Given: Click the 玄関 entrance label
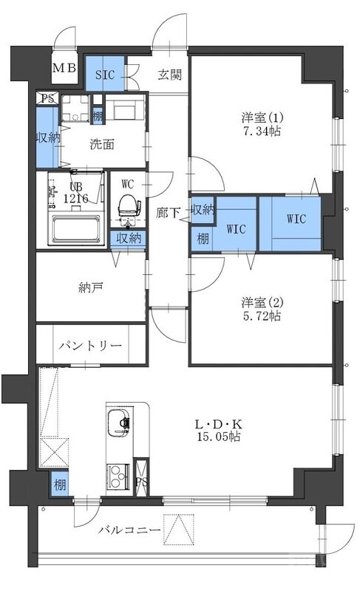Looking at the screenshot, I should pyautogui.click(x=170, y=74).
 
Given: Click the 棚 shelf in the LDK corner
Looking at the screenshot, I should pyautogui.click(x=58, y=485).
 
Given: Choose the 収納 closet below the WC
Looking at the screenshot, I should pyautogui.click(x=129, y=238).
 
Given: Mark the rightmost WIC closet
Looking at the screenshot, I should pyautogui.click(x=295, y=219).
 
